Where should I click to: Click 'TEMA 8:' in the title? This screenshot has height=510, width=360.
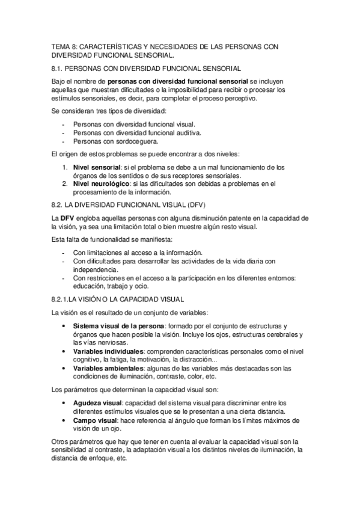click(x=62, y=45)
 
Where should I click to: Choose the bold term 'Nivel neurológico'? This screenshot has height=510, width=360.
click(x=99, y=183)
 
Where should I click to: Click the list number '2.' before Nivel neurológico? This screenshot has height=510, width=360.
click(x=66, y=183)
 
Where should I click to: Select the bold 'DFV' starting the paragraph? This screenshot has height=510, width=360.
click(x=69, y=217)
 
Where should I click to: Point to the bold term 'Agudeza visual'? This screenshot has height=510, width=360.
click(x=96, y=402)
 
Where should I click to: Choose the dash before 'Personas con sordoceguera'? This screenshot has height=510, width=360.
click(x=63, y=141)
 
